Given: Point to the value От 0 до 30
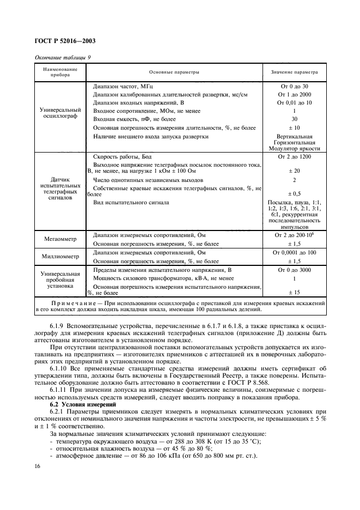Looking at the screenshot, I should pos(295,86).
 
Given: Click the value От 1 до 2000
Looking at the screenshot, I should pos(295,94).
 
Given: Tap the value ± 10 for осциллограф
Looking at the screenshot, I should pos(295,127).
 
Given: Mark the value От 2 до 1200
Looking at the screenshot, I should pos(295,157).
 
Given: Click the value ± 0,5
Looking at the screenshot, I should pos(295,193).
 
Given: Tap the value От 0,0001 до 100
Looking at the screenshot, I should pos(295,253).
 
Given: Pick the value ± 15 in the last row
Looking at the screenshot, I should pos(295,293).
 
